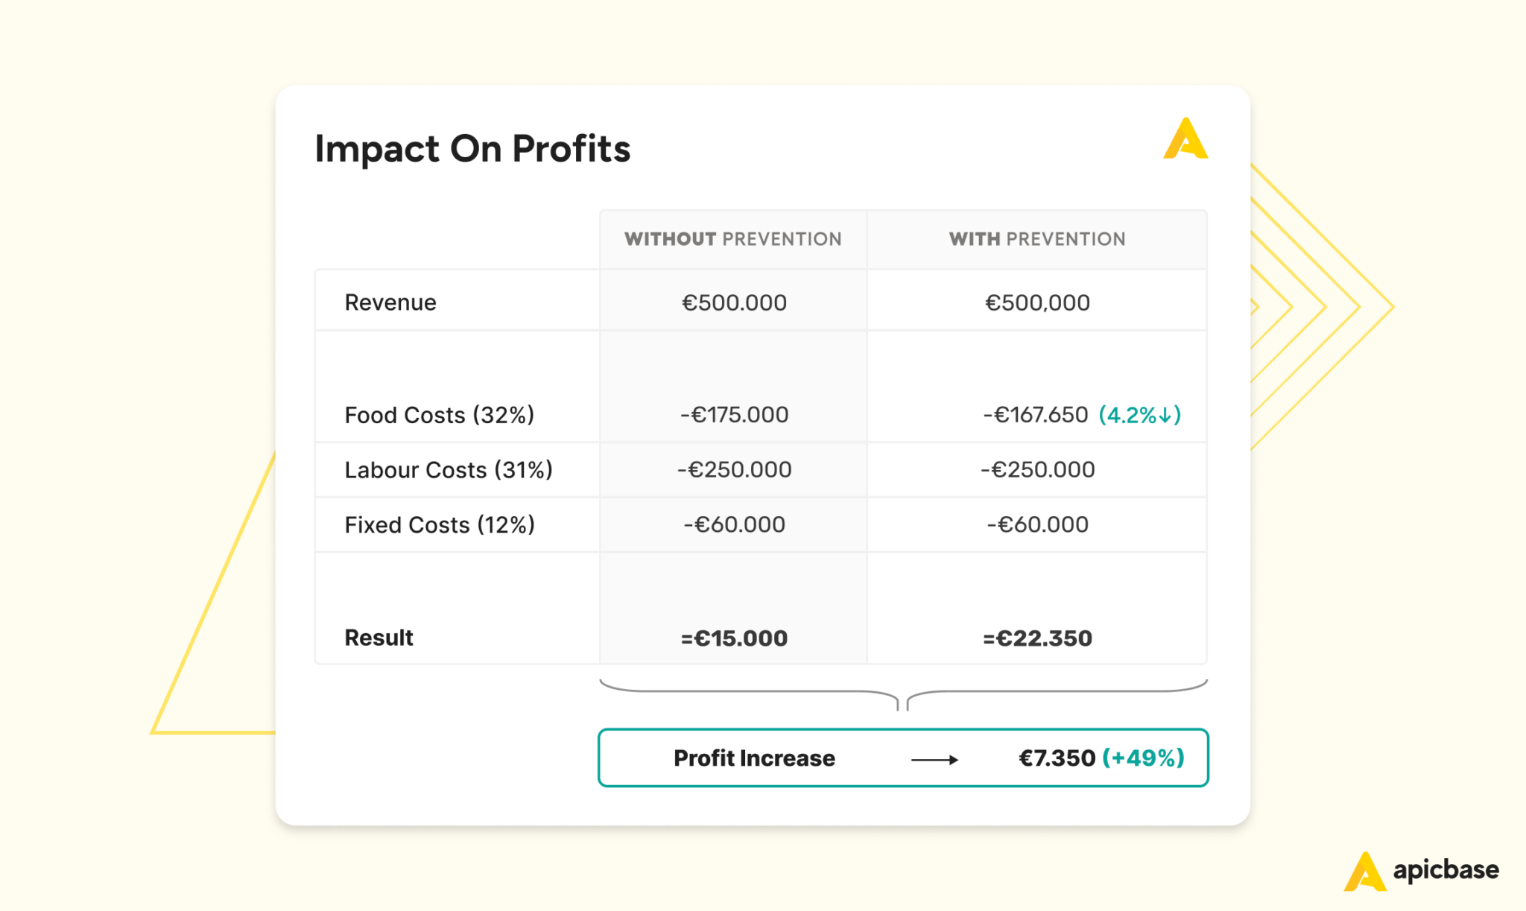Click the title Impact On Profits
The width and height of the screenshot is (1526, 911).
point(472,148)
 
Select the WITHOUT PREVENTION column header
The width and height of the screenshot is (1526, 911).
point(733,239)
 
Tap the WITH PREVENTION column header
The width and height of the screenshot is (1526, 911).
point(1036,239)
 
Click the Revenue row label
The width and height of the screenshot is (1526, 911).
point(390,302)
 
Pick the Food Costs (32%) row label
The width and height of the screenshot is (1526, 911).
point(439,415)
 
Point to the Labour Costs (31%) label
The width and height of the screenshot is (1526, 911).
point(448,470)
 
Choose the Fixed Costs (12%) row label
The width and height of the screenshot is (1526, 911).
point(439,525)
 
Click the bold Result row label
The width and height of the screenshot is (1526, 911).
point(379,638)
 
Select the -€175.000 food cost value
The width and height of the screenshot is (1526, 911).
point(734,415)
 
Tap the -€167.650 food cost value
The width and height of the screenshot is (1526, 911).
point(1035,415)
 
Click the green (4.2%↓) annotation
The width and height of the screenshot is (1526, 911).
point(1140,415)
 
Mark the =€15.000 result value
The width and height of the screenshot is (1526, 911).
point(734,638)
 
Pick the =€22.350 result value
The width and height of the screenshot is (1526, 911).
point(1037,638)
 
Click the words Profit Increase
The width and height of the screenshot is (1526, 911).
point(754,758)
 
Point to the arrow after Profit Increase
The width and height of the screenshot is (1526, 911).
point(934,760)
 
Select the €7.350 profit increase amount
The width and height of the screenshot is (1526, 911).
point(1057,758)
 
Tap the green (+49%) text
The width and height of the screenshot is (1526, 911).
point(1143,758)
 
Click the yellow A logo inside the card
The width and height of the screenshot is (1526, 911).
point(1185,139)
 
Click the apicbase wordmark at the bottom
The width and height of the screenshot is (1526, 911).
point(1446,870)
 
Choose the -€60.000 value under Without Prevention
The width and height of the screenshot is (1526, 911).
point(734,525)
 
